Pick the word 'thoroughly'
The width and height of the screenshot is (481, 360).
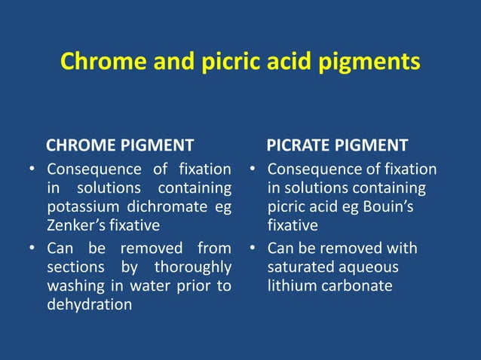point(192,267)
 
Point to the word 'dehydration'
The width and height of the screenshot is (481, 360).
point(89,305)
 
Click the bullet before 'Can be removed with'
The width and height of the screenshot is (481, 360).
point(254,248)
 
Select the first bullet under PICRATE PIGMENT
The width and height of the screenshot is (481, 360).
point(254,168)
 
